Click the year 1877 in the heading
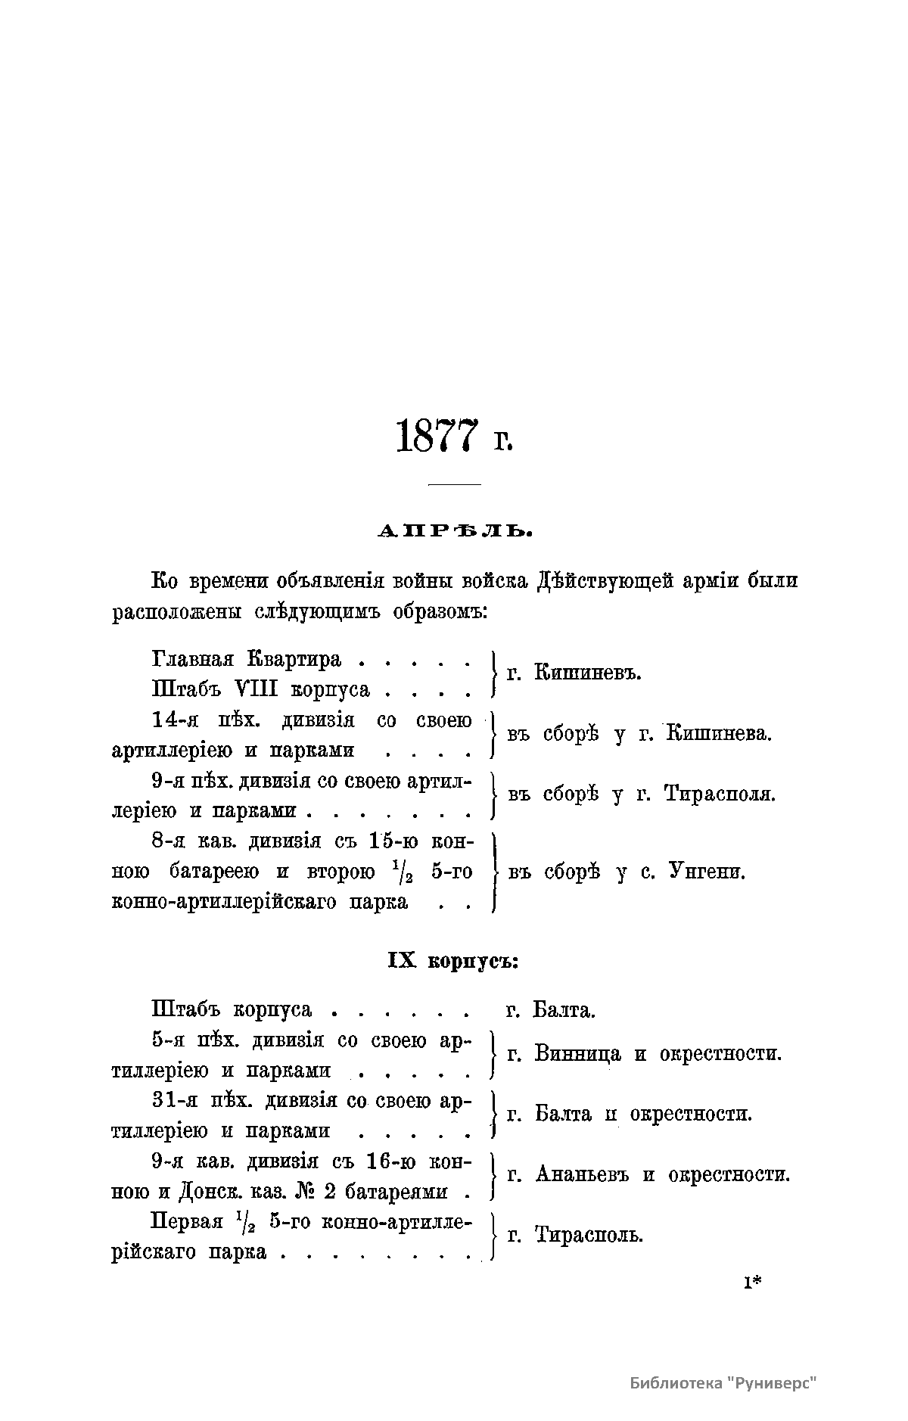pos(437,436)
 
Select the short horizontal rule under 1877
pos(455,484)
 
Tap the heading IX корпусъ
pos(452,961)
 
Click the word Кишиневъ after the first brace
pos(587,672)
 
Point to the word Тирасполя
pos(720,794)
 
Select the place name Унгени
pos(707,872)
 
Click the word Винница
pos(577,1053)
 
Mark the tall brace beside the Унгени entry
pos(493,872)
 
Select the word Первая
pos(188,1221)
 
